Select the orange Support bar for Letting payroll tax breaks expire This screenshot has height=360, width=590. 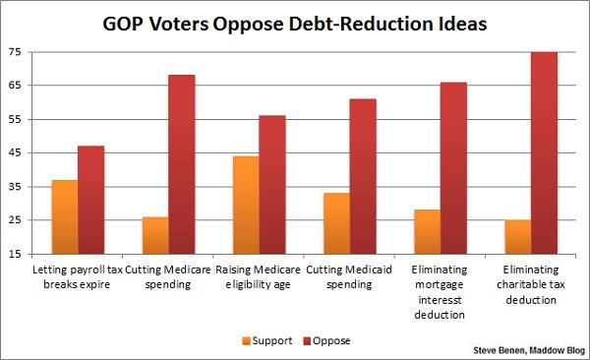tap(65, 217)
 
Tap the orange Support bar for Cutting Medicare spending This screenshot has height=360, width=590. tap(154, 235)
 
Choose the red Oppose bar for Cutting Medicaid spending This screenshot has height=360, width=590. tap(362, 176)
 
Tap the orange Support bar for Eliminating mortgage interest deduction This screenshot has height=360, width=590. tap(426, 232)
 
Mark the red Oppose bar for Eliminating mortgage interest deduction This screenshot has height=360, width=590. tap(452, 168)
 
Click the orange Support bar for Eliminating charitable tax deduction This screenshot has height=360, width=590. tap(516, 237)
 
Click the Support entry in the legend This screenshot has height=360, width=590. tap(265, 340)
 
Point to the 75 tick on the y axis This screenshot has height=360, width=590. tap(16, 52)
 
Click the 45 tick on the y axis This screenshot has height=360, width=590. tap(16, 153)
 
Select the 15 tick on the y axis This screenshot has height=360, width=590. tap(16, 255)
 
